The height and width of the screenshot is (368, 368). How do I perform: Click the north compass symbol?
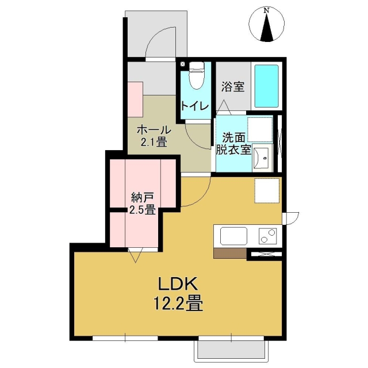pos(267,26)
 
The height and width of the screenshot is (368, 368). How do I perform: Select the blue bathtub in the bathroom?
pos(266,86)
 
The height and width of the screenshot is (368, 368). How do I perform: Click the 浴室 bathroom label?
pos(233,87)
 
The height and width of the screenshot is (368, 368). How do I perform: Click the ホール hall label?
pos(154,130)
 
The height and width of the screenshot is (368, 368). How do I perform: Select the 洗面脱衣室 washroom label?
pos(233,144)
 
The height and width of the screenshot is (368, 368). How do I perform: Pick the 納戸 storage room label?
pos(141,197)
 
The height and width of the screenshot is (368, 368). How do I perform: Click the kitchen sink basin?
pos(233,236)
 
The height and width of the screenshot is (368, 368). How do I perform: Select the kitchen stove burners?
pos(267,236)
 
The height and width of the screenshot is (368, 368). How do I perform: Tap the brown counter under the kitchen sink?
pos(230,253)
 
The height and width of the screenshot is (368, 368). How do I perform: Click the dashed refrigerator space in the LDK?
pos(267,191)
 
